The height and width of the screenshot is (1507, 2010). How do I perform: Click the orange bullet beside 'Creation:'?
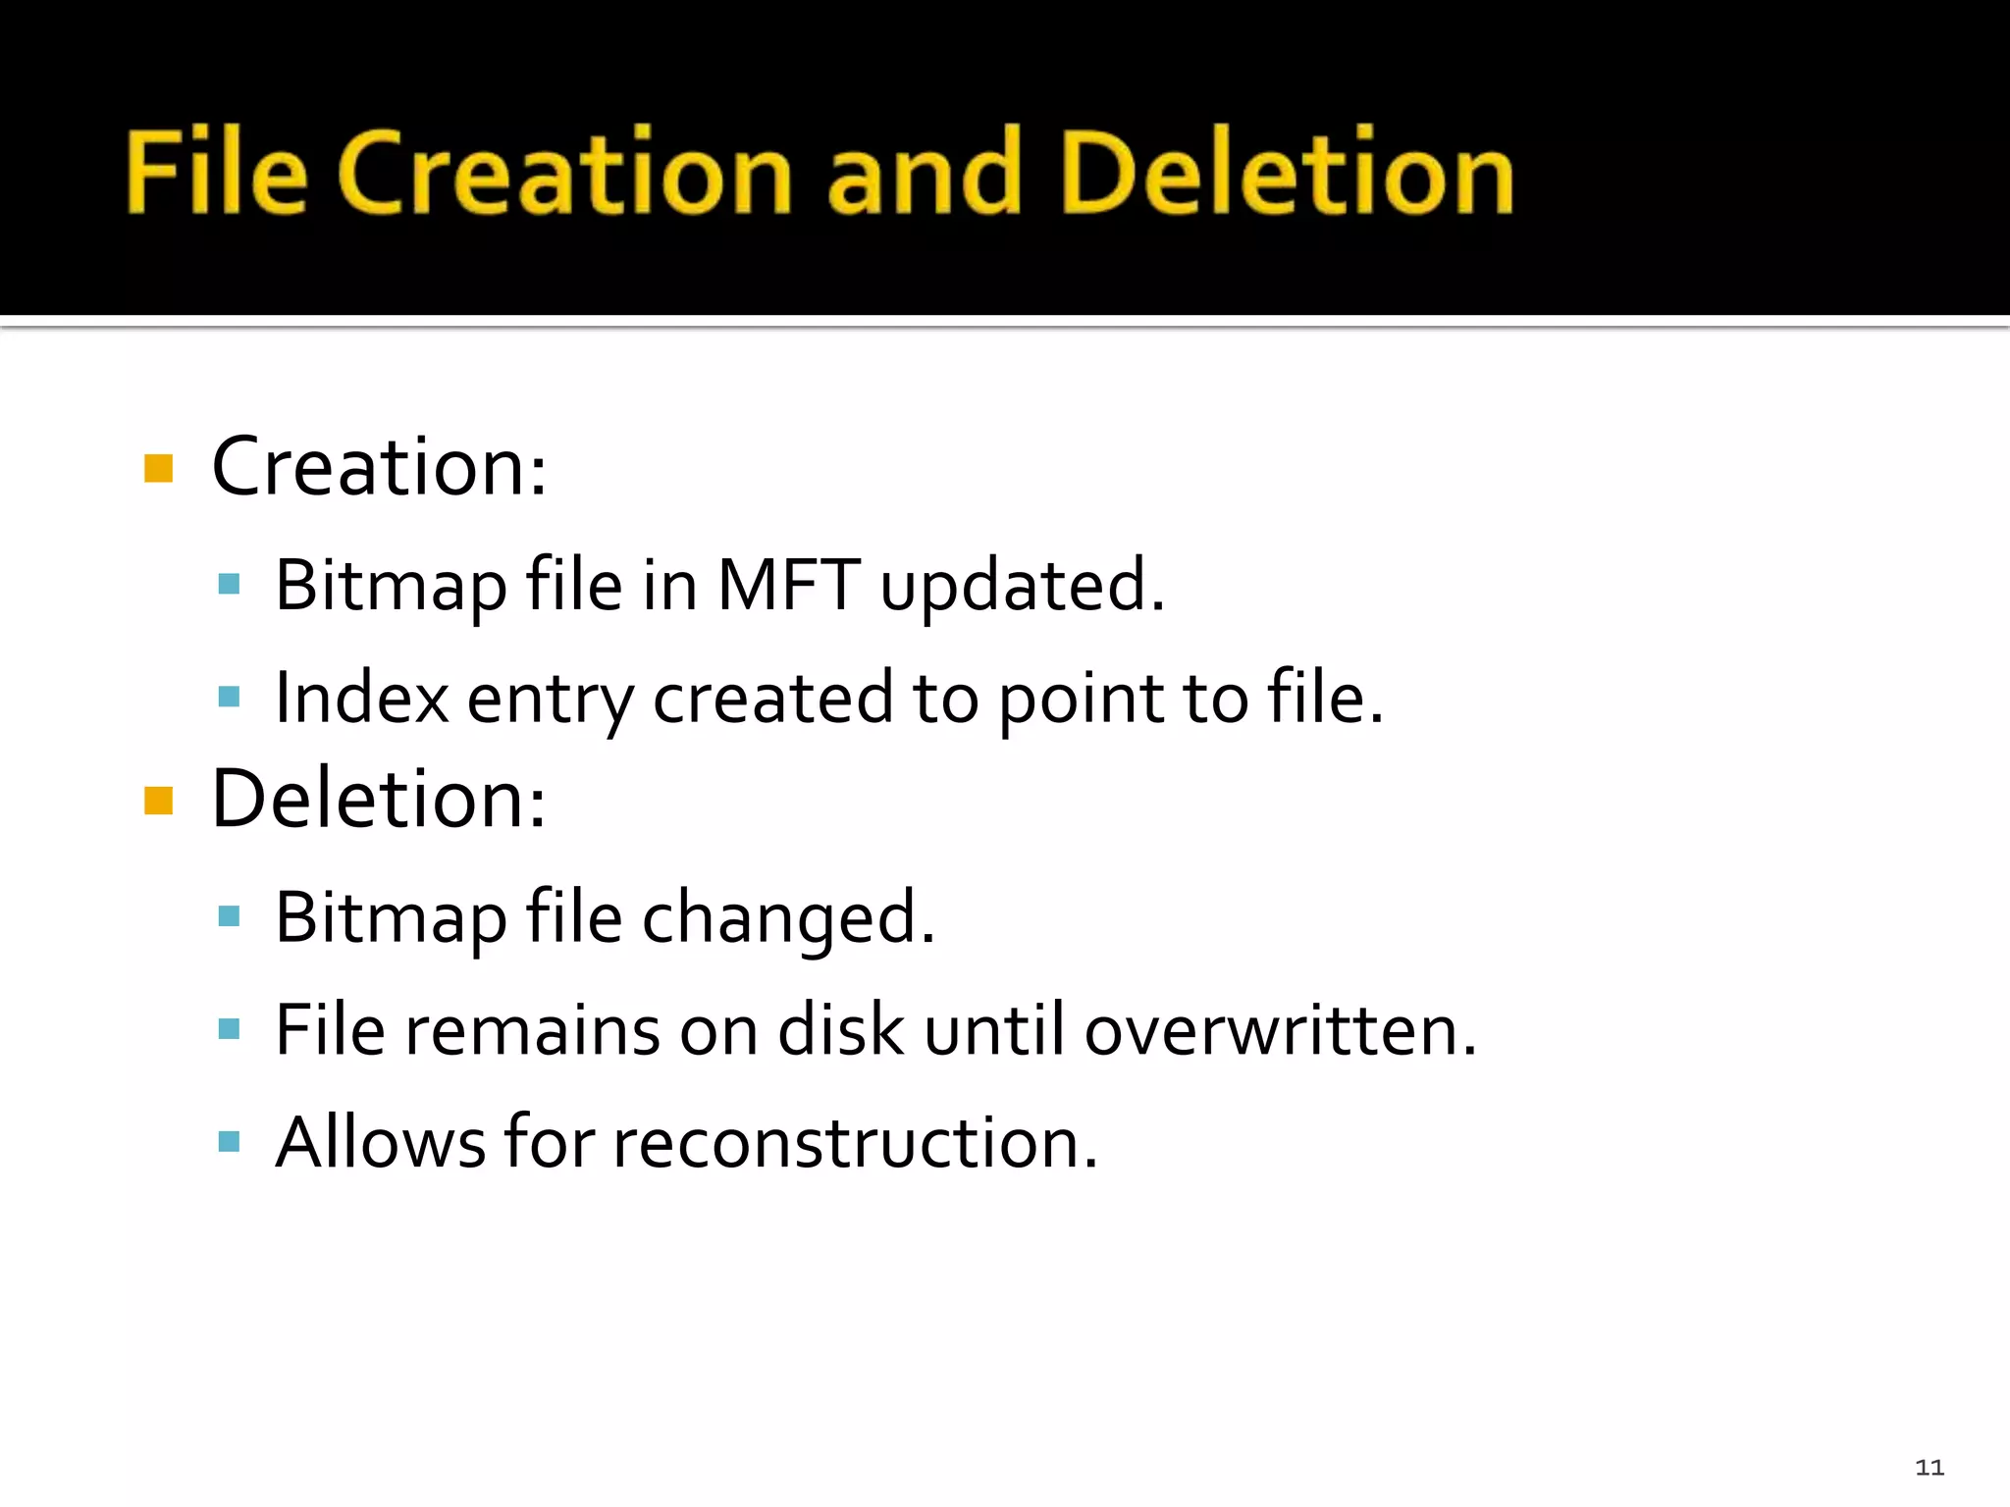click(x=158, y=468)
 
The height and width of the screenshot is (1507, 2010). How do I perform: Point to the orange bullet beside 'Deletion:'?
click(x=158, y=801)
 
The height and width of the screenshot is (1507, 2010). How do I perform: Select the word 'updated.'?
click(x=1022, y=587)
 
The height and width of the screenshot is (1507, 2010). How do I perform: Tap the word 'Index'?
click(x=361, y=698)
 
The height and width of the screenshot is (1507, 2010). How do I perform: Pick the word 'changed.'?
click(x=788, y=918)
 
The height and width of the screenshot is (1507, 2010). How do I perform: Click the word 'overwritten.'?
click(x=1280, y=1030)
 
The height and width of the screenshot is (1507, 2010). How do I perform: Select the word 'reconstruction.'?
click(x=855, y=1143)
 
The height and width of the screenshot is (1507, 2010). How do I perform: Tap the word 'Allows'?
click(x=380, y=1143)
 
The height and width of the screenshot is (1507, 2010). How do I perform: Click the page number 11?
click(x=1930, y=1467)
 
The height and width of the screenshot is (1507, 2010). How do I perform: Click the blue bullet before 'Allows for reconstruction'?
click(x=230, y=1141)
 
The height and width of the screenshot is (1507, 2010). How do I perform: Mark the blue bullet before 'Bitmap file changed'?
click(x=230, y=916)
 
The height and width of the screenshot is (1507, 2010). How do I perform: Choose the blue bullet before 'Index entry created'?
click(x=230, y=697)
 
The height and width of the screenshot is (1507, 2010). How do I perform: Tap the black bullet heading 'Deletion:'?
click(x=378, y=799)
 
